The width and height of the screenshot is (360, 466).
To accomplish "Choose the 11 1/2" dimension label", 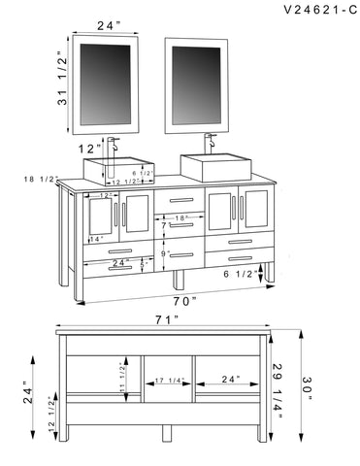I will [122, 377].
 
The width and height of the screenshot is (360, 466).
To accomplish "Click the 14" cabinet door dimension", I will [97, 238].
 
